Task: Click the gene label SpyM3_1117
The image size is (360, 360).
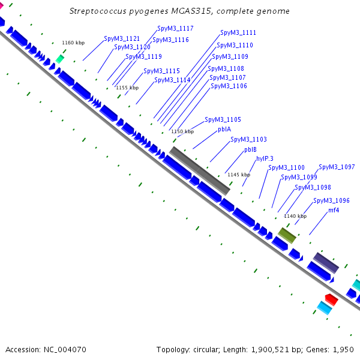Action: [x=175, y=28]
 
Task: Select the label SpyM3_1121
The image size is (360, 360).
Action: [x=122, y=38]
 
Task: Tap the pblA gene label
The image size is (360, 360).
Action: [x=224, y=129]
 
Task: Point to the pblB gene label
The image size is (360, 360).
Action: [x=250, y=149]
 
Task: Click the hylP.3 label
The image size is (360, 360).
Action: [x=265, y=158]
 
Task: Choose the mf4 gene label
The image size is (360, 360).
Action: [x=334, y=210]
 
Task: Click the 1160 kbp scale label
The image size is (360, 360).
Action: [x=73, y=43]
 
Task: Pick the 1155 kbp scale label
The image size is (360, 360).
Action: [x=127, y=88]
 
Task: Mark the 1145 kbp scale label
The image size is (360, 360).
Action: [x=239, y=175]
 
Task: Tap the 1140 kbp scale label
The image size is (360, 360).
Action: [x=295, y=216]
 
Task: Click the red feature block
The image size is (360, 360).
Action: [x=332, y=299]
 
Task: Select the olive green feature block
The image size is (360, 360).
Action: [x=287, y=235]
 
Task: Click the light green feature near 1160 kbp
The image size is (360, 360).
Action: [x=60, y=59]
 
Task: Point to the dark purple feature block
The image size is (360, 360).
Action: [x=326, y=263]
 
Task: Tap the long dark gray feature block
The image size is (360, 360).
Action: [x=200, y=171]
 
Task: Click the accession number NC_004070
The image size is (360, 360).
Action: [x=65, y=350]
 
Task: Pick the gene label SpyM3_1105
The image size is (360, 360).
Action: [x=223, y=119]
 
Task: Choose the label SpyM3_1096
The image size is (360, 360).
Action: [x=331, y=200]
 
